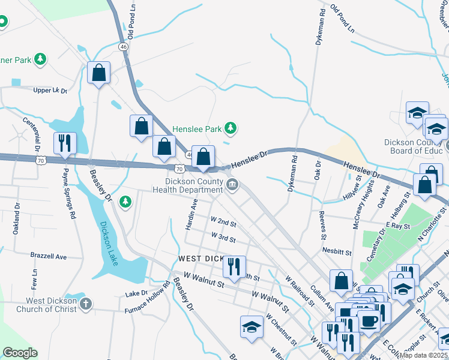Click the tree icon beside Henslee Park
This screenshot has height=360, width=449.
coord(230,128)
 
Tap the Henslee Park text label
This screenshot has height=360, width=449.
coord(197,129)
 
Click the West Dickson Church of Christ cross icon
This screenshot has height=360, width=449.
coord(85,304)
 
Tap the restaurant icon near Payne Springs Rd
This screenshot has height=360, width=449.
coord(65,143)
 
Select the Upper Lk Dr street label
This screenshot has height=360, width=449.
coord(50,90)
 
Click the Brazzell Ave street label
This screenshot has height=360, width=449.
coord(49,256)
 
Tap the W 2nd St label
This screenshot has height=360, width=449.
coord(223,223)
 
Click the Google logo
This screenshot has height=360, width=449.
coord(20,353)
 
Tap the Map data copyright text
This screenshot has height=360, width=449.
coord(424,355)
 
